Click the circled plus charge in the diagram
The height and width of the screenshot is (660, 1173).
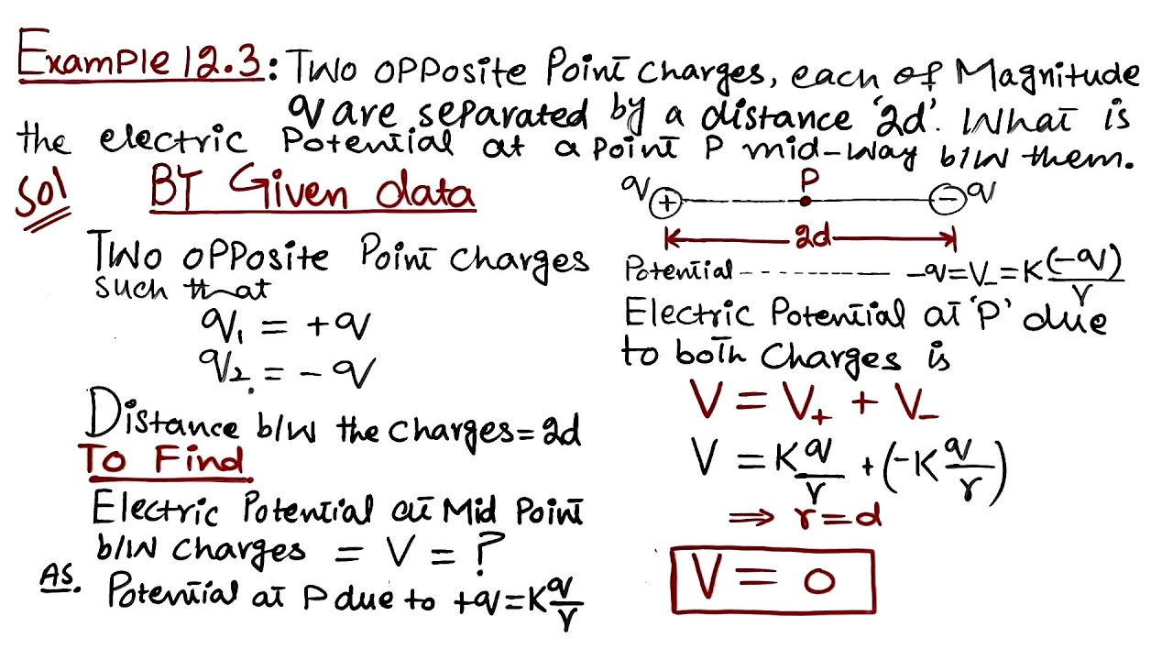[x=665, y=203]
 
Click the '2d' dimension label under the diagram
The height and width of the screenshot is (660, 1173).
[x=813, y=238]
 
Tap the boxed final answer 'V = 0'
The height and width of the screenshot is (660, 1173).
[x=773, y=580]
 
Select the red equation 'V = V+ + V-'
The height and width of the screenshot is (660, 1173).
[x=812, y=402]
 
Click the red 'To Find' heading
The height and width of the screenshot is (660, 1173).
[x=162, y=459]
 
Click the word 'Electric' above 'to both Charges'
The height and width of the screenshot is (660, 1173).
[x=691, y=315]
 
